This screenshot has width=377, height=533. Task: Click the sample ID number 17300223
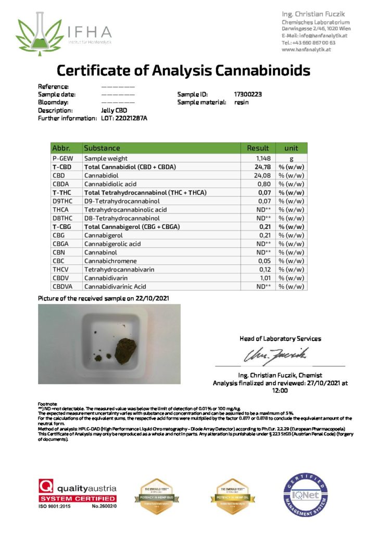click(248, 95)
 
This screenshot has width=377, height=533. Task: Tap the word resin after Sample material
click(242, 103)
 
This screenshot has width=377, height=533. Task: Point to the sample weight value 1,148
click(265, 158)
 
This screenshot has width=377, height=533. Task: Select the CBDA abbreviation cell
click(61, 184)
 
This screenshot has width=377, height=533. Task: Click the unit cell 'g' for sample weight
click(291, 158)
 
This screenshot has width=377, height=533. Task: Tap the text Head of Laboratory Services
click(280, 338)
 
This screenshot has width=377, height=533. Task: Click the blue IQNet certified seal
click(306, 495)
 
